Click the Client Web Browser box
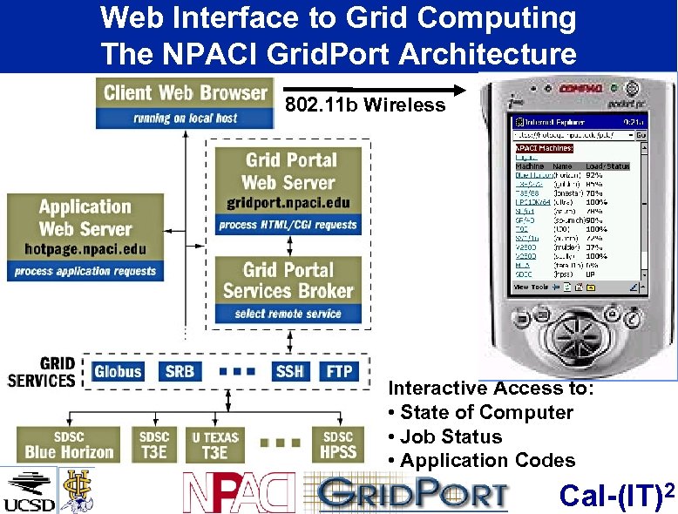click(185, 103)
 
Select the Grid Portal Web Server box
click(288, 191)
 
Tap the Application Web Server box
click(85, 236)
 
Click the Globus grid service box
click(118, 371)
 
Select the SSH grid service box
click(288, 371)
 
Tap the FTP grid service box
click(339, 371)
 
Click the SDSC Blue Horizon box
click(69, 444)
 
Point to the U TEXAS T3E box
click(214, 444)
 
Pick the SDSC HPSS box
click(338, 444)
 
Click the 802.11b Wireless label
click(365, 105)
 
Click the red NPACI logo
click(238, 493)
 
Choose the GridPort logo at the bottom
click(412, 493)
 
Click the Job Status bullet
click(444, 436)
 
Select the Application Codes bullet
click(481, 460)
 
